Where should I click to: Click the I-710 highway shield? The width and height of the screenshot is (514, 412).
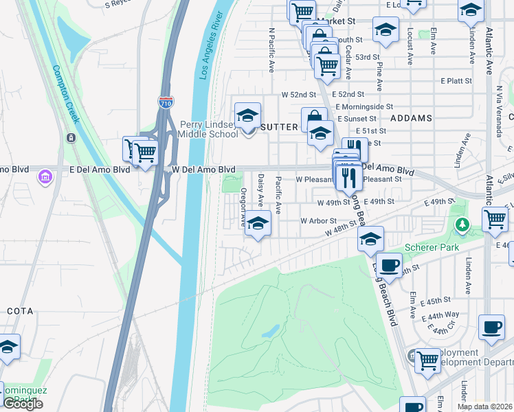point(166,103)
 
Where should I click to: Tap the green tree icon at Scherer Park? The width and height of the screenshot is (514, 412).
point(463,224)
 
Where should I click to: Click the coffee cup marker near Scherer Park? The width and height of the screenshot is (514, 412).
point(389,264)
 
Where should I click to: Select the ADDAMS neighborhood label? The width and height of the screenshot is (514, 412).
point(411,118)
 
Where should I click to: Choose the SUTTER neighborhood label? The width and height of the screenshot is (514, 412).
point(280,127)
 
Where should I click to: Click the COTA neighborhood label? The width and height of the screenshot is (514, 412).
point(20,311)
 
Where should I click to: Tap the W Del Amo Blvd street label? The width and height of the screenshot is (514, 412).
point(203,169)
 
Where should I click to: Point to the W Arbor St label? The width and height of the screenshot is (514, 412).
point(318,221)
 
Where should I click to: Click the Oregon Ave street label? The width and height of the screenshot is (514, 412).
point(243,208)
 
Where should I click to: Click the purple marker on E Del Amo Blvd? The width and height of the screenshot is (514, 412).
point(45,178)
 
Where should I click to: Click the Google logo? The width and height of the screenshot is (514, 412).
point(23,404)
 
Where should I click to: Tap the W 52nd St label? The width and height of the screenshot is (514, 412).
point(298,94)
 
